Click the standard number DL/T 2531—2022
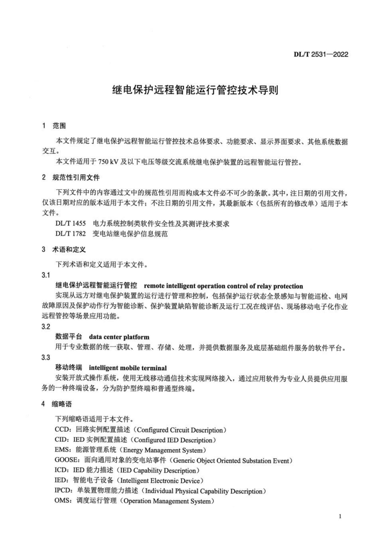[321, 55]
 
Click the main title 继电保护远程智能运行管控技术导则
[195, 90]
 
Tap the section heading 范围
[59, 126]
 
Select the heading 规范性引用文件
[76, 178]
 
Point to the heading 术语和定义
[69, 250]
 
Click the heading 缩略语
[62, 404]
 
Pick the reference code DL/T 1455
[71, 223]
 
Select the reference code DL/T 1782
[71, 234]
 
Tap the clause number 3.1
[46, 275]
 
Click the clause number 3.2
[46, 327]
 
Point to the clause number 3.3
[46, 357]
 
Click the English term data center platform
[119, 337]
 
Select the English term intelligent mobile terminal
[128, 368]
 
